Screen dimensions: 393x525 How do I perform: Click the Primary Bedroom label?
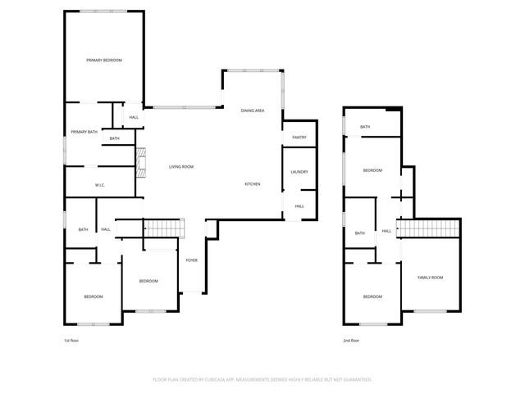pos(104,61)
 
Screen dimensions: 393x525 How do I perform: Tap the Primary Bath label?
pos(84,132)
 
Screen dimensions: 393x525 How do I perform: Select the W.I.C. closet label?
pos(98,185)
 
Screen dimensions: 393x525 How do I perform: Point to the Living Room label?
pos(181,167)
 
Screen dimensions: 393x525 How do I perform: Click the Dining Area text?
pos(252,111)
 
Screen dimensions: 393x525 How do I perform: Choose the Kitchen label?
pos(253,184)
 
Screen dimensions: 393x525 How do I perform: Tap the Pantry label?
pos(299,138)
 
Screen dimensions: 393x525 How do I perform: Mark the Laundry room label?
pos(299,172)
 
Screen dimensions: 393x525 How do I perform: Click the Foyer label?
pos(191,260)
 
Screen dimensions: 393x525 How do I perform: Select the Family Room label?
pos(430,278)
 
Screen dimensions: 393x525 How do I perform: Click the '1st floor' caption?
pos(71,340)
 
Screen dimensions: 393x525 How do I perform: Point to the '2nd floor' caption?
pos(350,340)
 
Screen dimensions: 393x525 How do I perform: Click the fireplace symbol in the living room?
pos(140,162)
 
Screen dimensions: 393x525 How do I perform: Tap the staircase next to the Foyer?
pos(164,228)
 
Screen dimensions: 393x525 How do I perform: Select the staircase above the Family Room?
pos(427,228)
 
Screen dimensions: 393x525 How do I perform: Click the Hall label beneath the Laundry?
pos(299,206)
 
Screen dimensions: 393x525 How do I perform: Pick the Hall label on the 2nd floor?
pos(386,231)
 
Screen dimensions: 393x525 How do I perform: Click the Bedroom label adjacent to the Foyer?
pos(148,282)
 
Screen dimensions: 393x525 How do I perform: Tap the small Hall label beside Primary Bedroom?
pos(134,118)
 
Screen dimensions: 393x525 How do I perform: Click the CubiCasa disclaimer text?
pos(262,380)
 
